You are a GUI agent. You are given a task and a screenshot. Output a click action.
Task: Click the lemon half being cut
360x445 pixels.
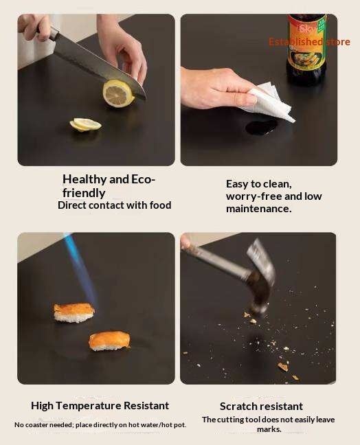point(118,93)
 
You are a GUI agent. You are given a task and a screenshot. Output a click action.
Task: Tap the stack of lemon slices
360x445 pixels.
point(85,124)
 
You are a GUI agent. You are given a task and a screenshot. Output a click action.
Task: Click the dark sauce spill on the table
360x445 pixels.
point(262,126)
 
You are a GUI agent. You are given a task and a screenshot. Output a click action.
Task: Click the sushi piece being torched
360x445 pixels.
point(74,312)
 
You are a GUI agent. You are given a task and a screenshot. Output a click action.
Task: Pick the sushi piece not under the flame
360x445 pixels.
point(110,341)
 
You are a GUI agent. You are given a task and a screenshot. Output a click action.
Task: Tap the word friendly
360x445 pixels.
point(84,193)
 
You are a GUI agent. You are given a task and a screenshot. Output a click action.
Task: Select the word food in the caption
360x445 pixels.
point(160,205)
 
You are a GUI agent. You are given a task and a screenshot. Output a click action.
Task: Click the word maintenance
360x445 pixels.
point(258,209)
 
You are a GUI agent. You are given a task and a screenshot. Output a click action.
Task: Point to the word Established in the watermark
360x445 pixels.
point(296,42)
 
